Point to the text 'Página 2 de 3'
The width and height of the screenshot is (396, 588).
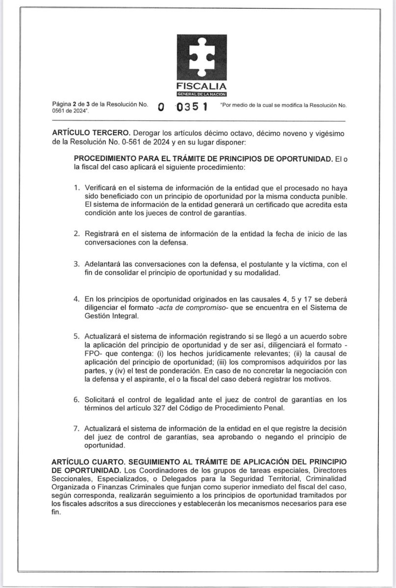[75, 105]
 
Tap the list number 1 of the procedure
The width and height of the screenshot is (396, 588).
[76, 188]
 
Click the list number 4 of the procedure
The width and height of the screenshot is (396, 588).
[76, 299]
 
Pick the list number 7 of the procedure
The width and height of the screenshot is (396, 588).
[76, 428]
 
